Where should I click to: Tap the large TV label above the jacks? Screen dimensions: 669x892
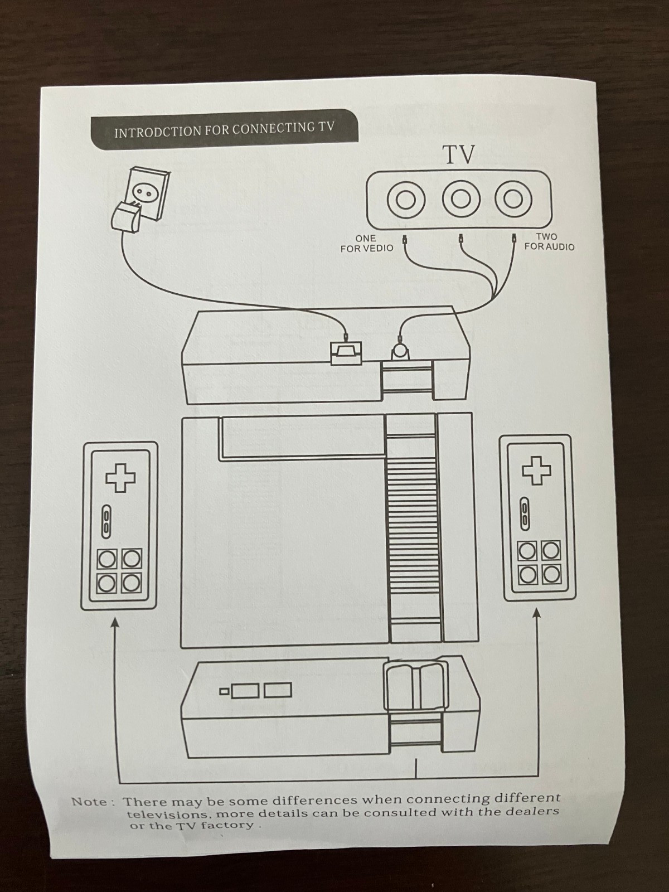(x=459, y=155)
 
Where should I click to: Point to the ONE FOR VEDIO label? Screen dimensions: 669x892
(x=367, y=243)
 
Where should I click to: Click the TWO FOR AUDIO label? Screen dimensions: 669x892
(x=549, y=241)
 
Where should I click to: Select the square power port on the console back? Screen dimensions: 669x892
(x=346, y=353)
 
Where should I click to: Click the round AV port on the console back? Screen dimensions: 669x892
(x=400, y=351)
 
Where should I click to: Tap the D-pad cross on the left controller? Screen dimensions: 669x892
(x=120, y=477)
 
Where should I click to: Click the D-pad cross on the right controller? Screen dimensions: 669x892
(x=536, y=470)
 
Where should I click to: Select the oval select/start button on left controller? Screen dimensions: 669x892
(x=106, y=522)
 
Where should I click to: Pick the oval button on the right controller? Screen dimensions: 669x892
(x=525, y=514)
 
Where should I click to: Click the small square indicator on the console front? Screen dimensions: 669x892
(x=224, y=690)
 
